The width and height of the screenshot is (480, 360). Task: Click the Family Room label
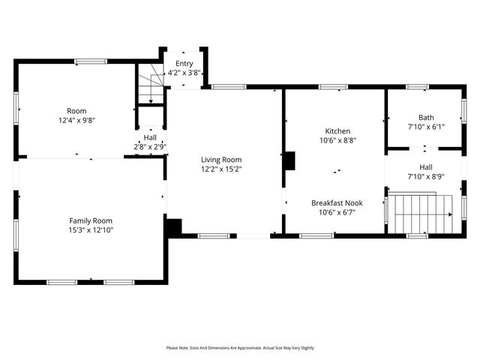click(91, 220)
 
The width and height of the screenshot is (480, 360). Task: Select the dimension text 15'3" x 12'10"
click(91, 229)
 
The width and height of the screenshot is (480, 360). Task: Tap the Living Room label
click(221, 159)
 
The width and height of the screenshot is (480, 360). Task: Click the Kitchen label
click(337, 130)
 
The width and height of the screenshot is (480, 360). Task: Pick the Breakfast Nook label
click(337, 202)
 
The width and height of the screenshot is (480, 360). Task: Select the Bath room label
click(426, 117)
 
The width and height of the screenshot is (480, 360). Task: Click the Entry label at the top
click(184, 64)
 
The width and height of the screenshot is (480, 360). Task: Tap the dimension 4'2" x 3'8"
click(184, 73)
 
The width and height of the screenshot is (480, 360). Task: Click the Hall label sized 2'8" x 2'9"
click(151, 137)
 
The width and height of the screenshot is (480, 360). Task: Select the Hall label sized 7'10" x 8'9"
click(426, 167)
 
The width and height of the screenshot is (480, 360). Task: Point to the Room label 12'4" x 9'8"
click(76, 110)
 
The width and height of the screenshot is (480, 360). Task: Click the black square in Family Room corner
click(173, 226)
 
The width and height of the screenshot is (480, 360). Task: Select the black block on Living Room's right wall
click(289, 160)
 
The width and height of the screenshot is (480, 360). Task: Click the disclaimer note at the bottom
click(240, 348)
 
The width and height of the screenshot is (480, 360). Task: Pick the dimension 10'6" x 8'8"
click(337, 139)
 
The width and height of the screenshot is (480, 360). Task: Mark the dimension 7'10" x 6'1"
click(426, 127)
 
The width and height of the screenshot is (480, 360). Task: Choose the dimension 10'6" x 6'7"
click(337, 211)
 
